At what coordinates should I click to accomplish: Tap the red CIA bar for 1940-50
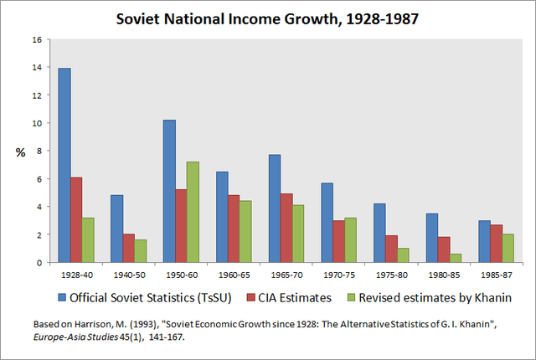[129, 248]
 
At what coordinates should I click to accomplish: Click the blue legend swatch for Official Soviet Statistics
[63, 296]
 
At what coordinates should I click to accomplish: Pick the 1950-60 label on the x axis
[180, 274]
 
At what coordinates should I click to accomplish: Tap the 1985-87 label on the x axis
[494, 274]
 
